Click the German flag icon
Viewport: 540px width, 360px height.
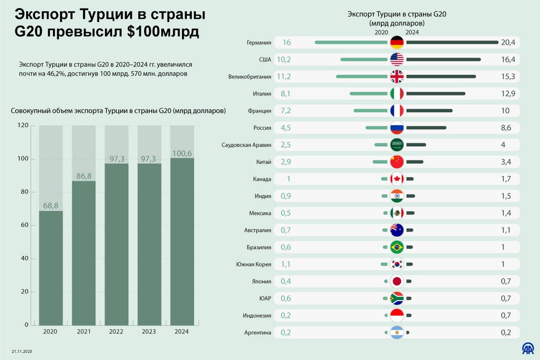(x=397, y=42)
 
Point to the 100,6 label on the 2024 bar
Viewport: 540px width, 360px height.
(x=182, y=153)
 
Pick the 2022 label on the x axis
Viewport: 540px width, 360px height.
(x=117, y=332)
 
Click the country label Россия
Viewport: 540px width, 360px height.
(x=262, y=128)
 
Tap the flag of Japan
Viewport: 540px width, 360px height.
(x=397, y=281)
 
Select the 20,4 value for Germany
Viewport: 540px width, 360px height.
(x=508, y=42)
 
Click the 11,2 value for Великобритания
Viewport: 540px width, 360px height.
(x=284, y=76)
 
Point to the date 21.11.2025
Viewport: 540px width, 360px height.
(x=22, y=351)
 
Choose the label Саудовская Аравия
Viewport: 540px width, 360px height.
(x=247, y=145)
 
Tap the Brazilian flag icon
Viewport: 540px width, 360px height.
(x=397, y=247)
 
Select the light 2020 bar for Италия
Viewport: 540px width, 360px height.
(x=369, y=94)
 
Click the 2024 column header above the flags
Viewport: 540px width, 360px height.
(x=412, y=32)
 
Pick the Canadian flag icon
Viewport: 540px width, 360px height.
(x=397, y=179)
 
